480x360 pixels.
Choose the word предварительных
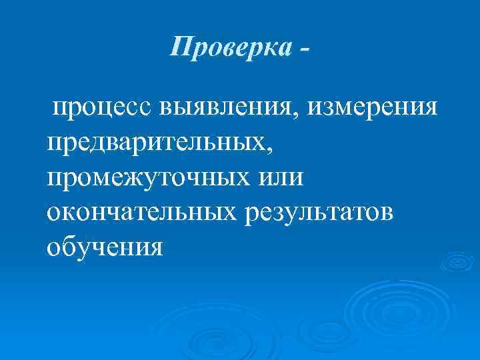tap(156, 142)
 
